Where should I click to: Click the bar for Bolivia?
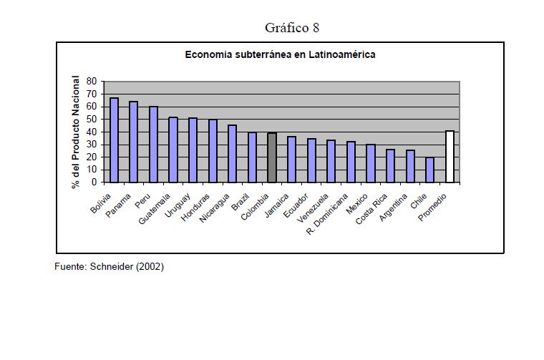pos(114,140)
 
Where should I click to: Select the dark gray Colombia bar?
pos(272,157)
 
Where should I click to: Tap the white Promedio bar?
pos(450,157)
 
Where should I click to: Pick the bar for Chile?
pos(429,170)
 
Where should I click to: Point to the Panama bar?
pos(133,142)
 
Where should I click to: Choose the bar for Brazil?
pos(252,157)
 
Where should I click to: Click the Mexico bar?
pos(371,163)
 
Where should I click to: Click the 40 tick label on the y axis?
pos(91,132)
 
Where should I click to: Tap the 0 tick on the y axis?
pos(93,183)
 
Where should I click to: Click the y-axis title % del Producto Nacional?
pos(75,132)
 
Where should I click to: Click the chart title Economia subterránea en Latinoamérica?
pos(281,54)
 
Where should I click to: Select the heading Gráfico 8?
pos(292,28)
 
